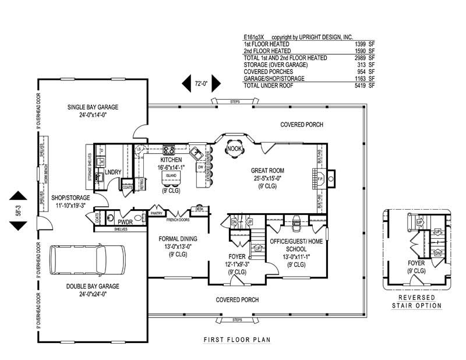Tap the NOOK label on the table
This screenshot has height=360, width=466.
235,149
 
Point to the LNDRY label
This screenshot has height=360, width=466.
112,171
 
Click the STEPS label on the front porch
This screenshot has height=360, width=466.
236,320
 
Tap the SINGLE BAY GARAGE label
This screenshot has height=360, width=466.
93,107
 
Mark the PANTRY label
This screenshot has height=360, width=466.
156,214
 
